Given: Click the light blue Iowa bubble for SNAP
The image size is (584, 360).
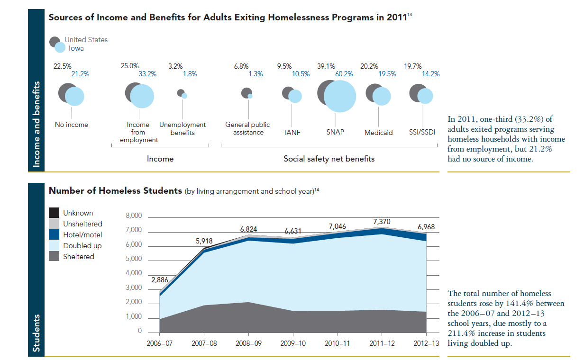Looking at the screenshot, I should coord(340,96).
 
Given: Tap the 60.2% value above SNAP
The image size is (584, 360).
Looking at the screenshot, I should coord(344,74).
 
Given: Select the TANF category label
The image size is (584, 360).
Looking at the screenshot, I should coord(292,132).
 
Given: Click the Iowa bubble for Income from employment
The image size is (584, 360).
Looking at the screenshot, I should coord(142,96).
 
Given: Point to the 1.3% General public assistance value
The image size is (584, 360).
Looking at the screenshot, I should coord(255,74).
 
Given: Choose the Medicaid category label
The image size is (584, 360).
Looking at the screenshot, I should coord(378,133).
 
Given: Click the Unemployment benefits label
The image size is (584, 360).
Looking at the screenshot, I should coord(182,128).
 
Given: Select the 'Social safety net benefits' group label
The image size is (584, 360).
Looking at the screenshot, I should coord(328,159).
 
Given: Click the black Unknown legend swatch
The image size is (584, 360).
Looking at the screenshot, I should coord(55,213).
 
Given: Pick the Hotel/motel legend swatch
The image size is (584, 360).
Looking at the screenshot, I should coord(55,235).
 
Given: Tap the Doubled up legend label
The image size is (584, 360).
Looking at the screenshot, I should coord(82,246).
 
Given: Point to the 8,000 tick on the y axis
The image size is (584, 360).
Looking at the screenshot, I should coord(133,216).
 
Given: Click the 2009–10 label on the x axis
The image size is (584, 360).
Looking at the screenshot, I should coord(293,343).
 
